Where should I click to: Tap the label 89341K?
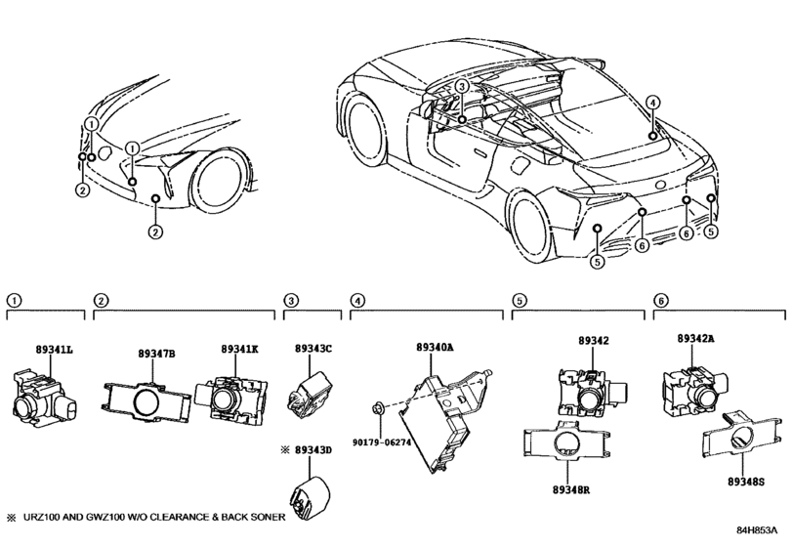pyautogui.click(x=239, y=349)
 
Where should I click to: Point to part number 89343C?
pyautogui.click(x=313, y=349)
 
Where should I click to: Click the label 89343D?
pyautogui.click(x=314, y=449)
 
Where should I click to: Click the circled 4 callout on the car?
pyautogui.click(x=652, y=102)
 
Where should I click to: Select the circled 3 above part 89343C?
pyautogui.click(x=290, y=300)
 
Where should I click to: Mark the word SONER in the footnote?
pyautogui.click(x=265, y=517)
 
